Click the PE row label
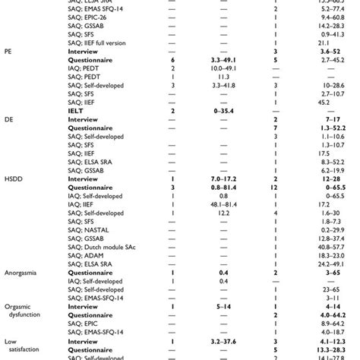[x=8, y=52]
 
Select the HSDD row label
[x=13, y=178]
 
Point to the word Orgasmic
[x=19, y=305]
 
